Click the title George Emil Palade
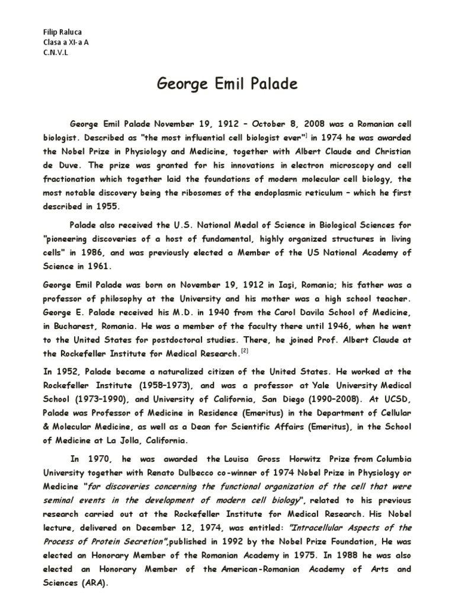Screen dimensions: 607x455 pyautogui.click(x=227, y=84)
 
